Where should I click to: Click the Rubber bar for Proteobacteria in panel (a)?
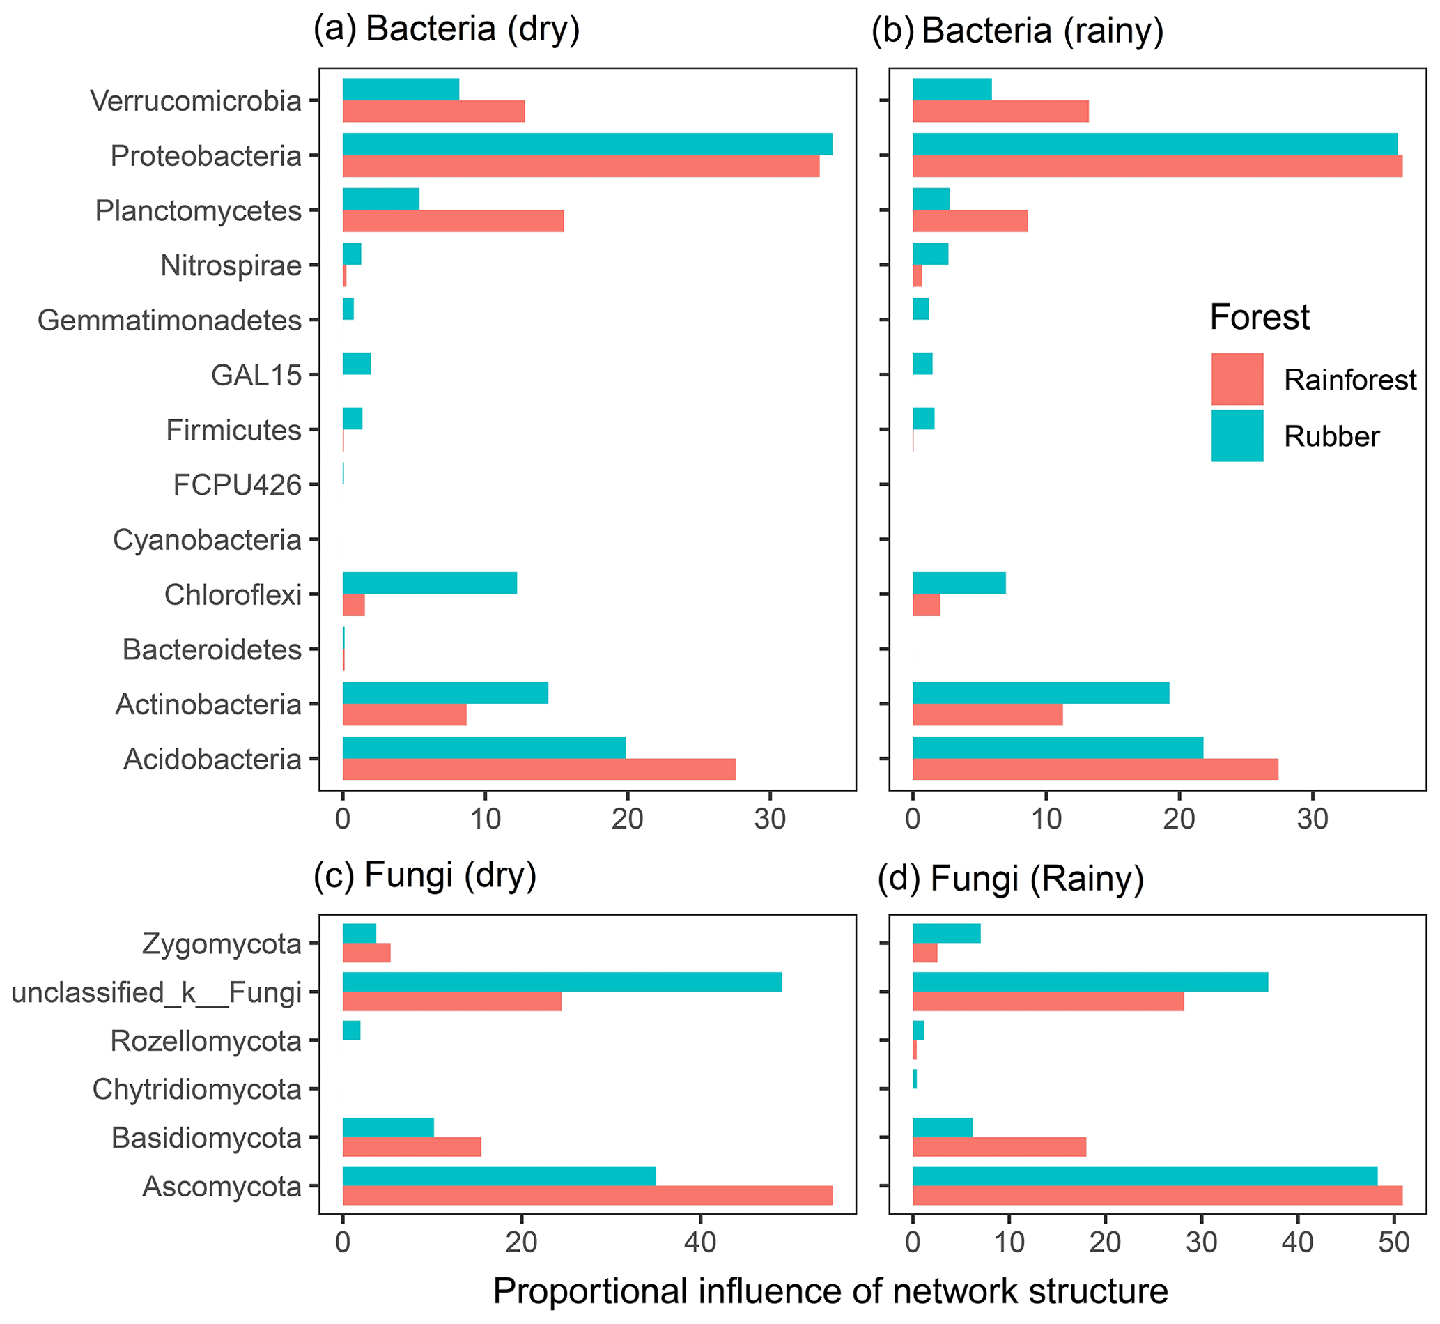pos(587,144)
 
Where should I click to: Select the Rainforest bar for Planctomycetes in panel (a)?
pos(453,222)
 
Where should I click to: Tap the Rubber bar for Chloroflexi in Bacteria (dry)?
pos(430,583)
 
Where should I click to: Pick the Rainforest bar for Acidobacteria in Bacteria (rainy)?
pos(1094,769)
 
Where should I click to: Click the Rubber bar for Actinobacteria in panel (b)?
pos(1040,693)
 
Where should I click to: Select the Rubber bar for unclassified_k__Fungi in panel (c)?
pos(562,982)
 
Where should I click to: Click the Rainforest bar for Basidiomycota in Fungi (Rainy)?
pos(999,1147)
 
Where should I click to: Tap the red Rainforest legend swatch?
pos(1237,379)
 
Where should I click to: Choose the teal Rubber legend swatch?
pos(1237,436)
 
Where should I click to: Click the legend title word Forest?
pos(1260,317)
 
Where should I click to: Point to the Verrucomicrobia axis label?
pos(196,101)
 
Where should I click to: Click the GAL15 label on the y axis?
pos(256,375)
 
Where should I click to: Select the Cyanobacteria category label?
pos(207,539)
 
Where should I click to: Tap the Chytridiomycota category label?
pos(197,1090)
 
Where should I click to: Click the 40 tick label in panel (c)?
pos(700,1242)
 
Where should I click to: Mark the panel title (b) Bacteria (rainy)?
pos(1017,31)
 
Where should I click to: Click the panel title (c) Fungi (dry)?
pos(425,875)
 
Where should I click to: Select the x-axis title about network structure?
pos(830,1292)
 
